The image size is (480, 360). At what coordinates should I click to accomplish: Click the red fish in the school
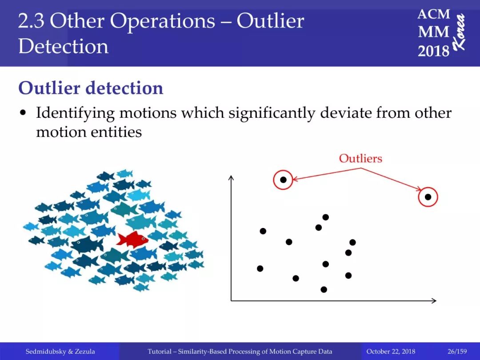click(132, 239)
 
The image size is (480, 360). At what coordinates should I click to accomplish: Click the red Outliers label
click(360, 158)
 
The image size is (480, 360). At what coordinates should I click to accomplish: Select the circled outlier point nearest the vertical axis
click(283, 180)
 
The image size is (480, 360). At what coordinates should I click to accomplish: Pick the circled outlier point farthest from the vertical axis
click(428, 197)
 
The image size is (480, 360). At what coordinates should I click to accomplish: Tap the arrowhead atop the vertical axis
click(232, 178)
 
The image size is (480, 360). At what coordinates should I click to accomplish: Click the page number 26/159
click(457, 352)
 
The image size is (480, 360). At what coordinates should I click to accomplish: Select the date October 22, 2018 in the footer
click(391, 352)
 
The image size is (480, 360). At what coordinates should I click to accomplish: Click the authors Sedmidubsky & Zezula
click(60, 352)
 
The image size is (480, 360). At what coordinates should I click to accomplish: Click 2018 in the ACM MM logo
click(433, 51)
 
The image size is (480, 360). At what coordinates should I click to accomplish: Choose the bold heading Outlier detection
click(91, 88)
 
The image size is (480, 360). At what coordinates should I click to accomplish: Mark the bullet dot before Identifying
click(22, 113)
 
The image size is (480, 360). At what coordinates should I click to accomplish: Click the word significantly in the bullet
click(272, 113)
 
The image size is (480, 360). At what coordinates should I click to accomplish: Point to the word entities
click(116, 132)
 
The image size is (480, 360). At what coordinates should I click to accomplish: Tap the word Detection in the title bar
click(64, 47)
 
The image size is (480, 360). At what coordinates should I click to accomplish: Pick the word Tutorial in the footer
click(159, 352)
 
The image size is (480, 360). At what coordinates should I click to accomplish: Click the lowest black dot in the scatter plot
click(324, 289)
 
